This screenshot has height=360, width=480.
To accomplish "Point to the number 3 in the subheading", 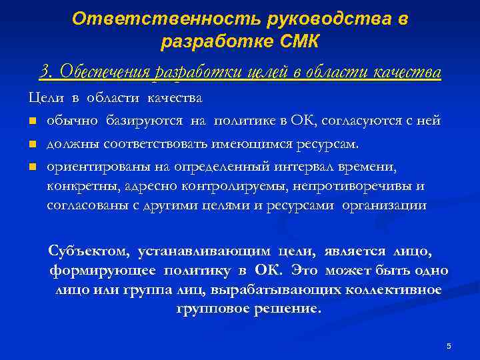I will [45, 71].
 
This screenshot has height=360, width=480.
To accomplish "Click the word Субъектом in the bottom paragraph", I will [90, 251].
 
